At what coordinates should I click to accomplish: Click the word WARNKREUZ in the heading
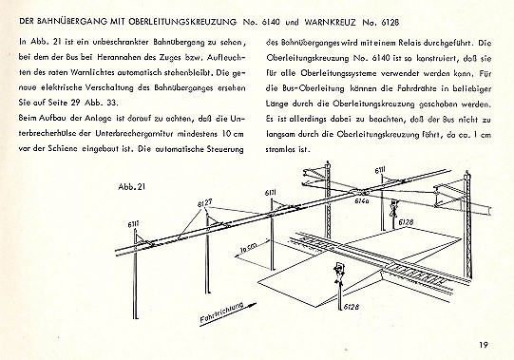[x=331, y=22]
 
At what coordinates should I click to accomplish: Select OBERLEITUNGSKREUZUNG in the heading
[x=181, y=22]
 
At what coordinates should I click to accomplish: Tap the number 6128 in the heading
[x=390, y=22]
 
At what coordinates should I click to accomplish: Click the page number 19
[x=484, y=345]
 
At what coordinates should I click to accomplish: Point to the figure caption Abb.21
[x=131, y=187]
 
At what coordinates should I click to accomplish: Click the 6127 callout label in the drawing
[x=204, y=203]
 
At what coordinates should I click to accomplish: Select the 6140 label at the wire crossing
[x=362, y=200]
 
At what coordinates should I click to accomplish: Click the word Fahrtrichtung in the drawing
[x=221, y=313]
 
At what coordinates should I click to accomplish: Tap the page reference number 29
[x=74, y=103]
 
